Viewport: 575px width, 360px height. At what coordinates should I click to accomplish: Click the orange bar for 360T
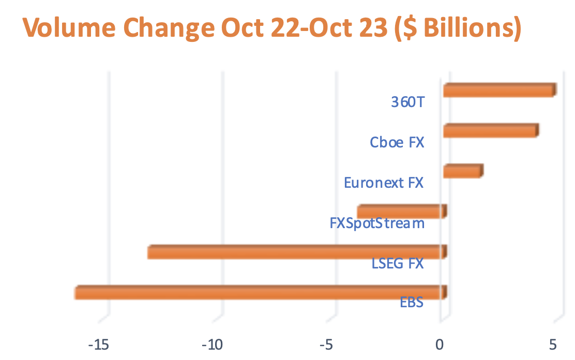click(x=499, y=91)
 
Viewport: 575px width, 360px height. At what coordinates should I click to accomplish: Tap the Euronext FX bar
click(x=462, y=171)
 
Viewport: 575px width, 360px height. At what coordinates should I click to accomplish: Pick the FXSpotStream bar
click(x=401, y=212)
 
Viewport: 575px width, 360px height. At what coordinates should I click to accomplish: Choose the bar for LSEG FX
click(x=296, y=252)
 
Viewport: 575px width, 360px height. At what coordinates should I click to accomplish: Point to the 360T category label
click(x=407, y=102)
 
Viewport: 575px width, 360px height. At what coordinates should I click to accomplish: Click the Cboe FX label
click(x=397, y=142)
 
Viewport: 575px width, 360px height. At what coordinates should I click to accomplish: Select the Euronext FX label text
click(x=384, y=183)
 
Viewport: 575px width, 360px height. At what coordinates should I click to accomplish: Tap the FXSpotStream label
click(x=377, y=223)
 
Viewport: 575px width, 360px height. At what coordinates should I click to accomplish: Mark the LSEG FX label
click(x=398, y=264)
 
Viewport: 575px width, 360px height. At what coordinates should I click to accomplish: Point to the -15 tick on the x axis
click(x=98, y=344)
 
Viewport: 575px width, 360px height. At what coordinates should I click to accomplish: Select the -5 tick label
click(x=326, y=344)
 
